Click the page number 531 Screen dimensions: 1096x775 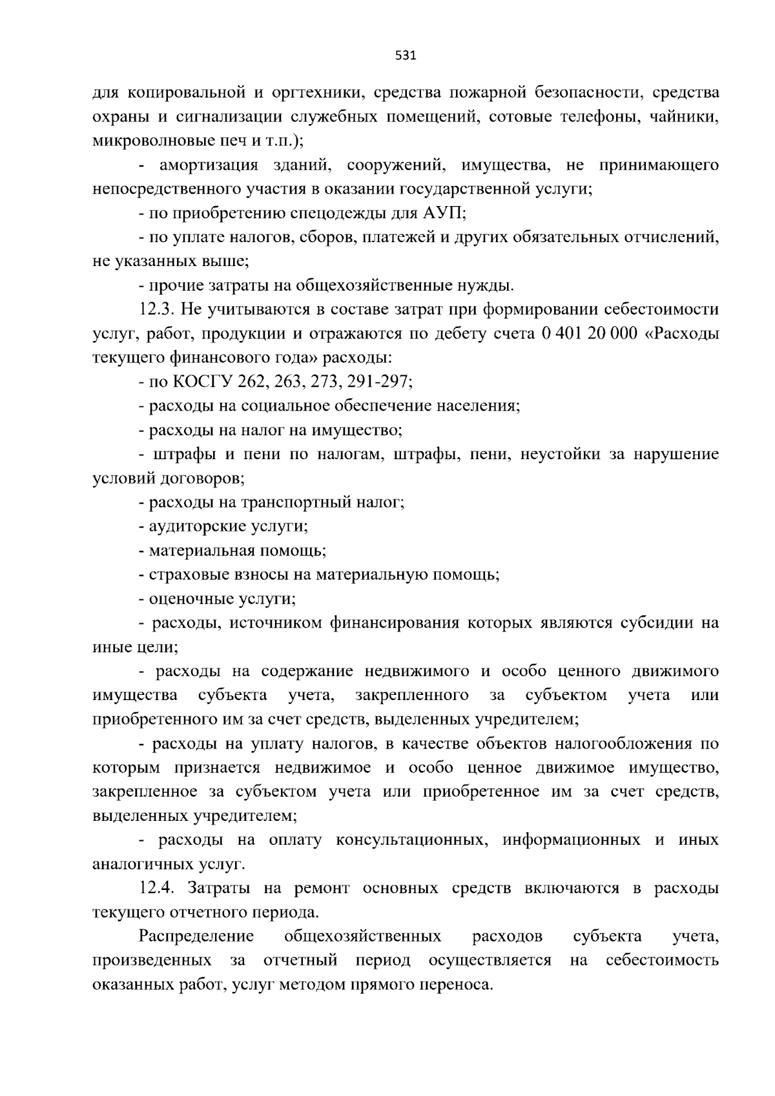[405, 56]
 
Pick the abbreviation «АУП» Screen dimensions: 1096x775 [440, 213]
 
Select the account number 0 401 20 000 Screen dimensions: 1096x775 [590, 333]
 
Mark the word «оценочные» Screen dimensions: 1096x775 [181, 599]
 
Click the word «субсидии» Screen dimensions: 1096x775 [655, 623]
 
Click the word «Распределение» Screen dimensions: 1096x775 [196, 936]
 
